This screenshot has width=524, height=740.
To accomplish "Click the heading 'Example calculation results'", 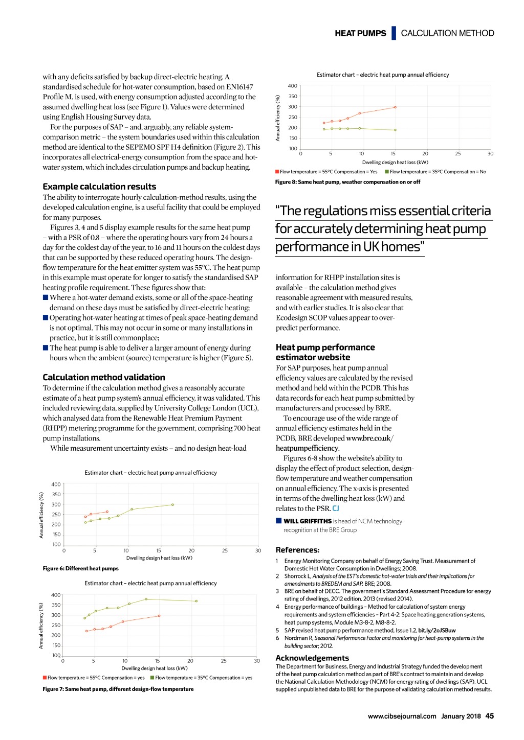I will pyautogui.click(x=99, y=187).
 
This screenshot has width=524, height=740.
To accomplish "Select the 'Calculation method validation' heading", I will pyautogui.click(x=104, y=377).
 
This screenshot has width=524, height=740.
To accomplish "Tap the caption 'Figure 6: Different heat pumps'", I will pyautogui.click(x=80, y=568).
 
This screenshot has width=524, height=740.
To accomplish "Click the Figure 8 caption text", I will pyautogui.click(x=347, y=182).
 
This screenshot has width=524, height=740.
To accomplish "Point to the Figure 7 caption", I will pyautogui.click(x=118, y=689).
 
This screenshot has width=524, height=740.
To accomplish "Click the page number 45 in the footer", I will pyautogui.click(x=490, y=716).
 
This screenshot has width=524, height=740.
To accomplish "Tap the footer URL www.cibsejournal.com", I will pyautogui.click(x=402, y=716).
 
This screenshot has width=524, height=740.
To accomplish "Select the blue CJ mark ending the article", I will pyautogui.click(x=336, y=508).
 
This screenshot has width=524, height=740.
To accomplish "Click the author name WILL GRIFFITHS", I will pyautogui.click(x=308, y=521).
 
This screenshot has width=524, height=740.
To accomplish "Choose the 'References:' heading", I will pyautogui.click(x=297, y=550).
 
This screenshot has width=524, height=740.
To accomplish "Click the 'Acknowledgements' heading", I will pyautogui.click(x=312, y=658).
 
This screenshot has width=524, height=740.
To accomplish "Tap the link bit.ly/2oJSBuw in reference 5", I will pyautogui.click(x=436, y=630).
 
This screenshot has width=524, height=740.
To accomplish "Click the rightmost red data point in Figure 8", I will pyautogui.click(x=395, y=107).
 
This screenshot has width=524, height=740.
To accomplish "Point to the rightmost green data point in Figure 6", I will pyautogui.click(x=172, y=504).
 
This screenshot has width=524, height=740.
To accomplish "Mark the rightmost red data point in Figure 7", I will pyautogui.click(x=159, y=616).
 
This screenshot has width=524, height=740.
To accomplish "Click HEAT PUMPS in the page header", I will pyautogui.click(x=360, y=33).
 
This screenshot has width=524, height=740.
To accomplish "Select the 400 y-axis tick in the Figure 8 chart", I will pyautogui.click(x=292, y=86).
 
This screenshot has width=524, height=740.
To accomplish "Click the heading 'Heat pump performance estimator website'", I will pyautogui.click(x=325, y=352).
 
